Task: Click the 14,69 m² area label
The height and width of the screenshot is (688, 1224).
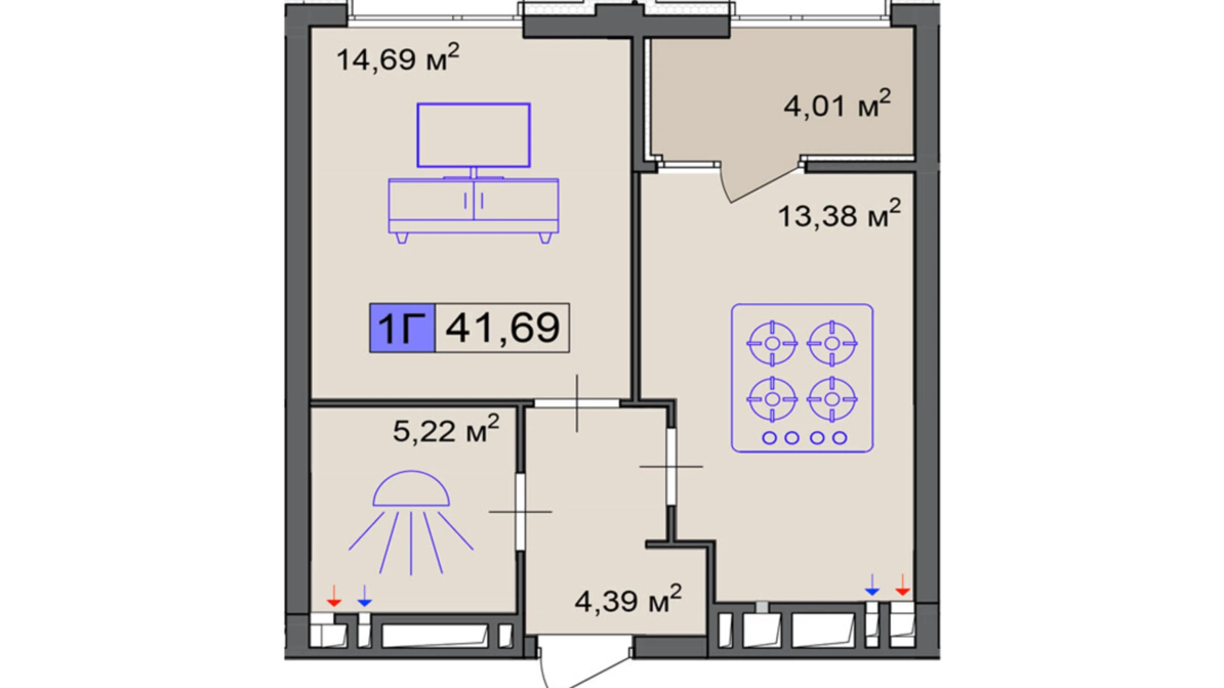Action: [x=398, y=58]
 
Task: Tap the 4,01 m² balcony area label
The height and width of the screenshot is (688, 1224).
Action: [x=837, y=104]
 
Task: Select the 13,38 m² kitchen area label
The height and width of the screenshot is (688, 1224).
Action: [x=839, y=214]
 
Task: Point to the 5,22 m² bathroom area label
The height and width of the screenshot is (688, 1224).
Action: [x=446, y=429]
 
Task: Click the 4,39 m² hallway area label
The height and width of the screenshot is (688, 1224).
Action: [x=628, y=599]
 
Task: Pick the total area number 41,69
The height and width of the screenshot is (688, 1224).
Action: [x=503, y=327]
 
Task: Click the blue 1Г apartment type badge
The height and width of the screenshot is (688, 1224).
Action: [x=402, y=327]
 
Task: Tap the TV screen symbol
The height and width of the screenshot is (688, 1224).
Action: [x=473, y=135]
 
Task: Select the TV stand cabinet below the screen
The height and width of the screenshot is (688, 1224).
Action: [x=473, y=206]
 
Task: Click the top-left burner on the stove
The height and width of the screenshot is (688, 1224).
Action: [x=771, y=343]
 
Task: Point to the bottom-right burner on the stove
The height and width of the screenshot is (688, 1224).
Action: [x=832, y=399]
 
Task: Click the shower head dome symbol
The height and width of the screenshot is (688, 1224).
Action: [x=411, y=490]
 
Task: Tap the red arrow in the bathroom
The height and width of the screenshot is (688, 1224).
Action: [x=334, y=595]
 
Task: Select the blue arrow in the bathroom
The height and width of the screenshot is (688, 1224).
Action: [x=365, y=595]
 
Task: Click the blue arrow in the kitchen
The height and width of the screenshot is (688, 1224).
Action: [x=872, y=585]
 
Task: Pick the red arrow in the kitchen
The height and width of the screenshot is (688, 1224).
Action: [x=902, y=585]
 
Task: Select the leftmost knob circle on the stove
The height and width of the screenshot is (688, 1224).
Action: [x=769, y=437]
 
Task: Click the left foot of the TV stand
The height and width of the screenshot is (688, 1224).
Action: [x=402, y=238]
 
